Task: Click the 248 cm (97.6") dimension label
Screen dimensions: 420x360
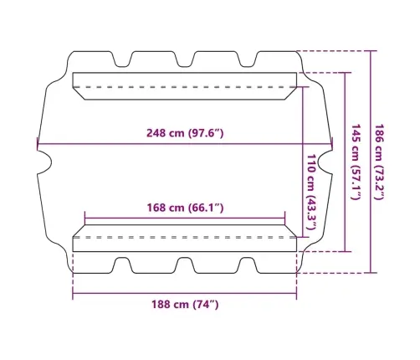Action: click(185, 133)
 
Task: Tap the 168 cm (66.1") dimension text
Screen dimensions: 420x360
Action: click(185, 208)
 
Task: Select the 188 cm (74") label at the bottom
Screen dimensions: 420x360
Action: click(185, 304)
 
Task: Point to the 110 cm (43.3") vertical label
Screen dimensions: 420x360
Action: click(311, 192)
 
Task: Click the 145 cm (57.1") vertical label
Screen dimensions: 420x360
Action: click(355, 162)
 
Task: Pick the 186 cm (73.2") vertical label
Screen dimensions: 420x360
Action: click(378, 162)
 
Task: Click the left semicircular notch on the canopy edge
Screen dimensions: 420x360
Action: click(44, 162)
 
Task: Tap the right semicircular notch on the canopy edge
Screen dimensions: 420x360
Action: click(325, 162)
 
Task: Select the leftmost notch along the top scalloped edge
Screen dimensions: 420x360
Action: click(122, 59)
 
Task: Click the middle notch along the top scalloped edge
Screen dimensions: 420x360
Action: click(184, 59)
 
